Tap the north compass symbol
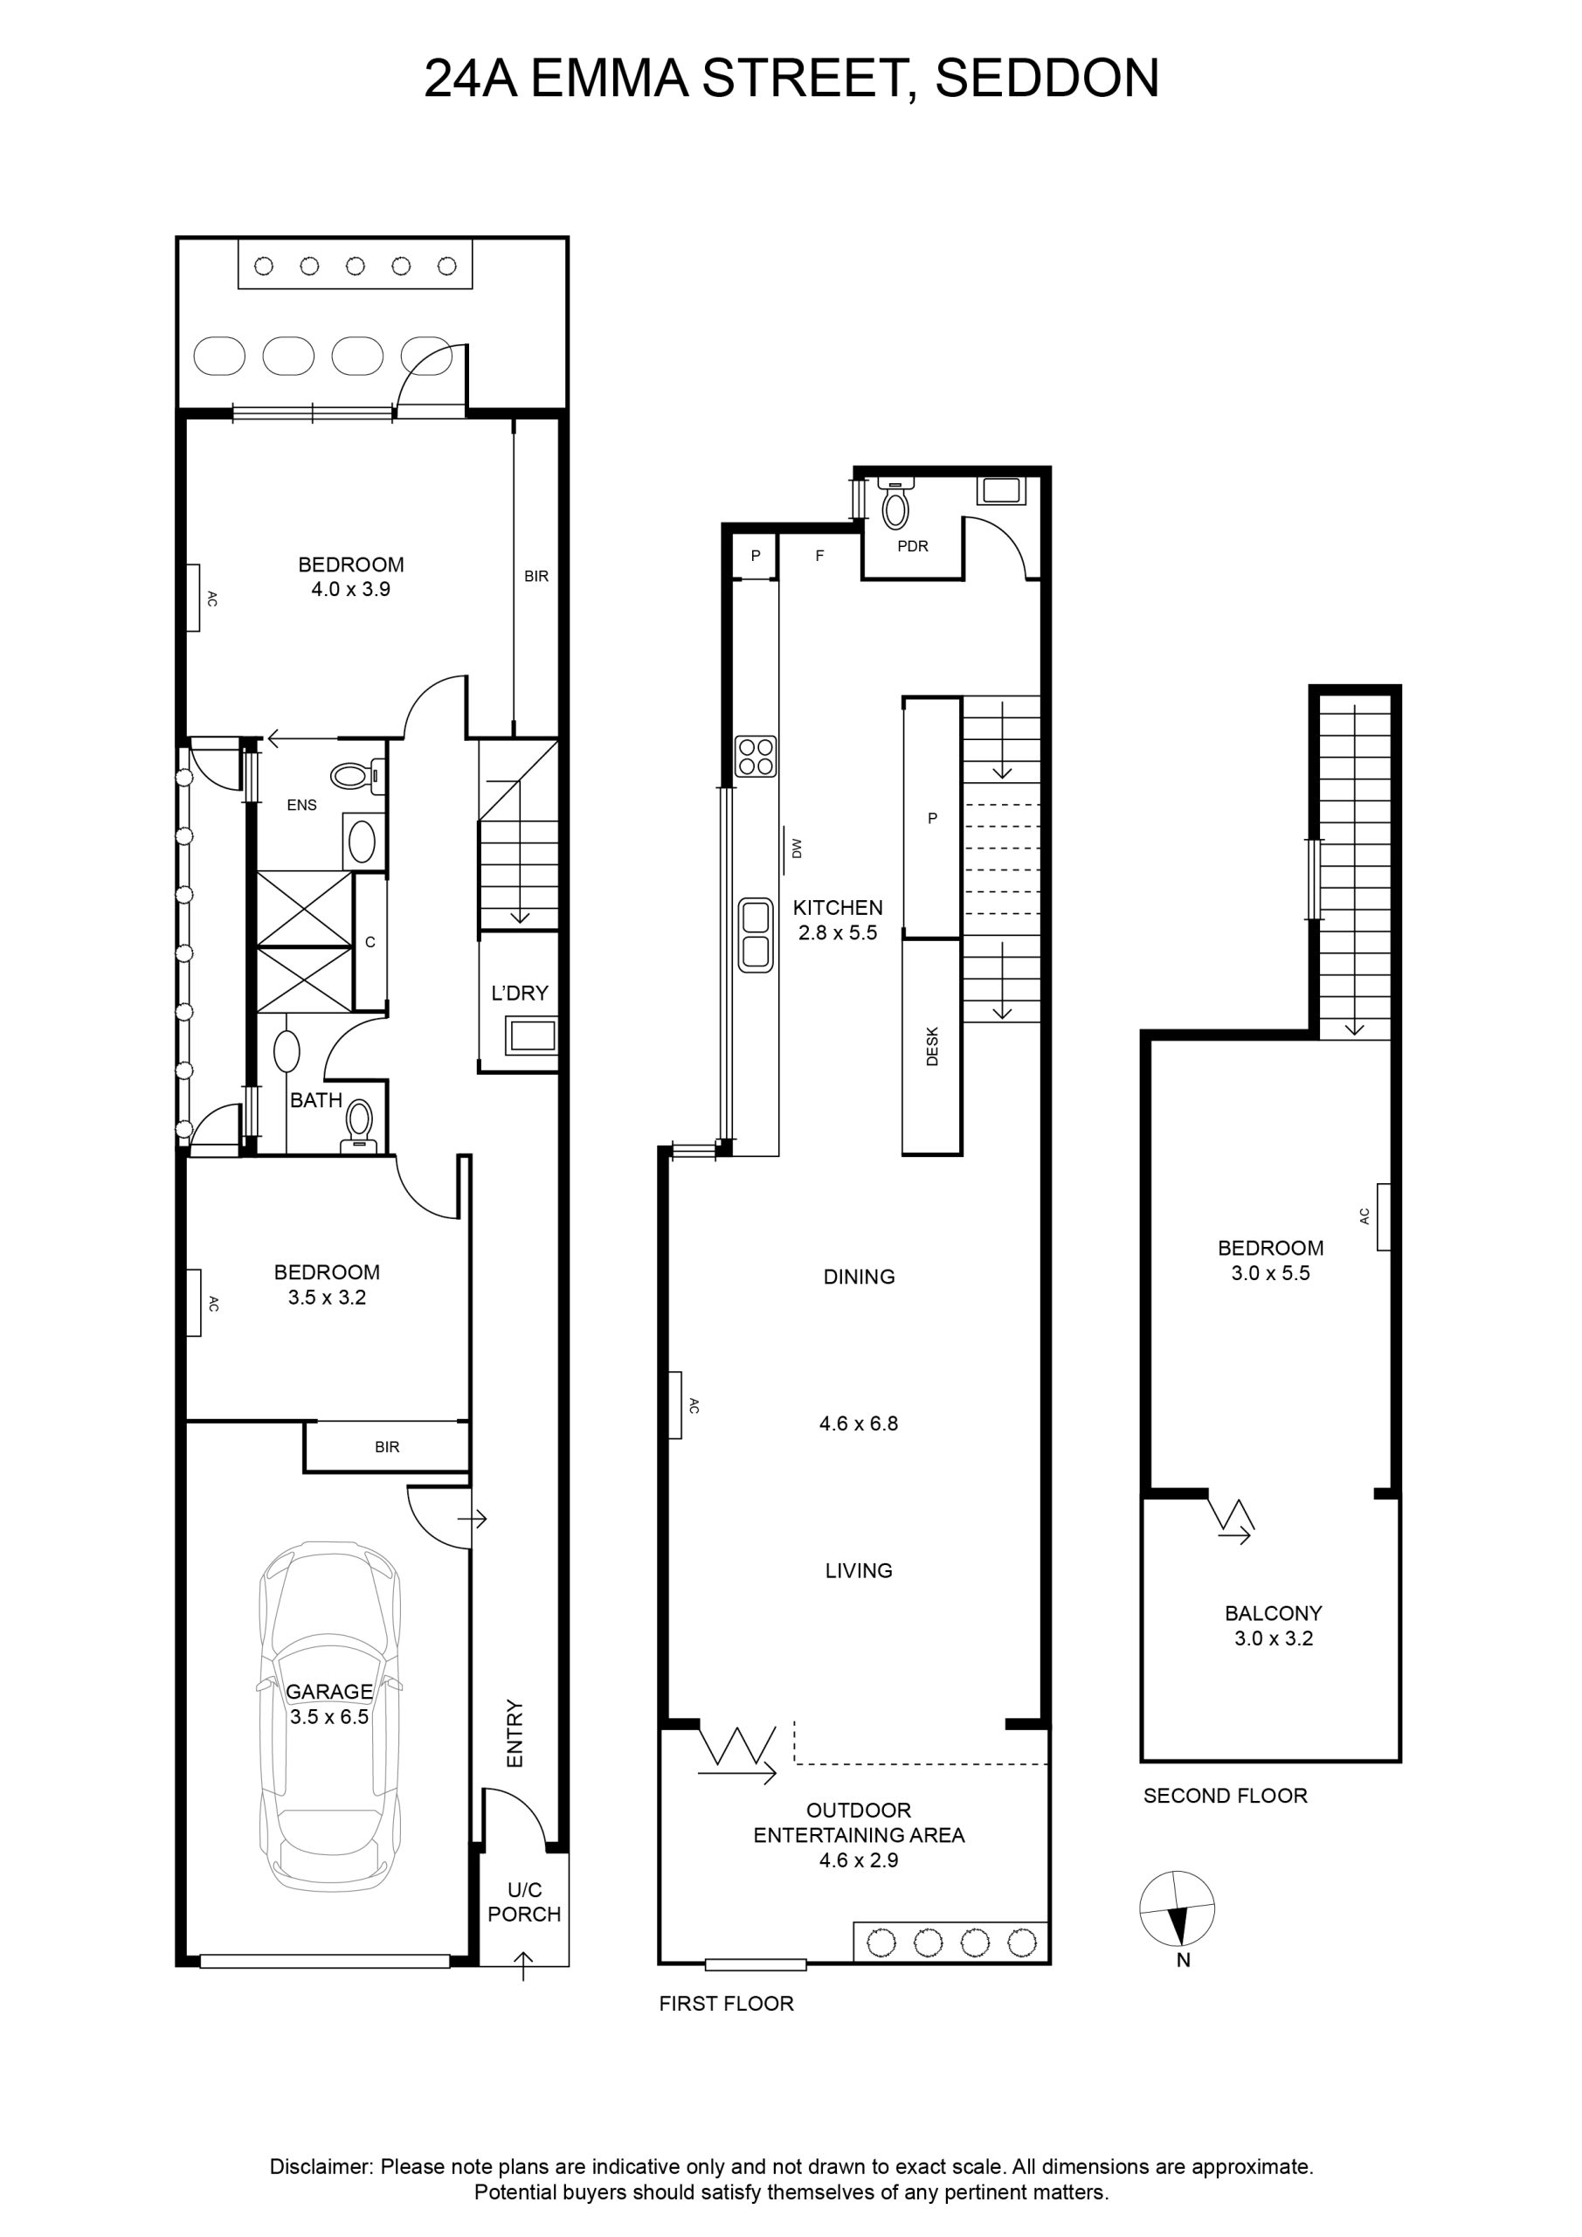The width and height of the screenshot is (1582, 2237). coord(1177,1908)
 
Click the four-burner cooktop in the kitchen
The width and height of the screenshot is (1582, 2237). coord(756,756)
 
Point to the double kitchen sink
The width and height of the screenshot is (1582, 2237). coord(756,935)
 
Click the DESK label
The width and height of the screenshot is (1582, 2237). coord(932,1045)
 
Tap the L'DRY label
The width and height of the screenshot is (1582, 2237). coord(519,993)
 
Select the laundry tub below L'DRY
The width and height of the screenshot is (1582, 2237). coord(532,1035)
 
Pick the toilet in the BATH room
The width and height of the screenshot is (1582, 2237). coord(358,1127)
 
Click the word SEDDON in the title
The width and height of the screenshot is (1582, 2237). coord(1047,79)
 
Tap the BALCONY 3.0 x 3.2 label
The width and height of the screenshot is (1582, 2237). coord(1273,1626)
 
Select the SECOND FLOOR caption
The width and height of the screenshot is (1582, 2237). coord(1226,1796)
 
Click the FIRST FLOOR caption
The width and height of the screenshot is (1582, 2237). coord(727,2003)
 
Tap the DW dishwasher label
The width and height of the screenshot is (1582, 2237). coord(797,848)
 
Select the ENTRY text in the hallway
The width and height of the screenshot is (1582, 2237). coord(515,1734)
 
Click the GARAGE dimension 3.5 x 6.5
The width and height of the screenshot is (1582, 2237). coord(329,1717)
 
